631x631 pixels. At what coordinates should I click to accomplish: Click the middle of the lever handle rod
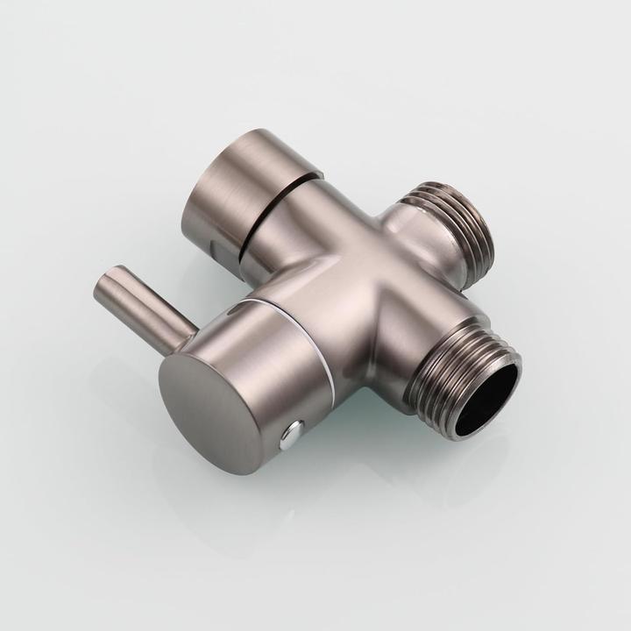pyautogui.click(x=145, y=308)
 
